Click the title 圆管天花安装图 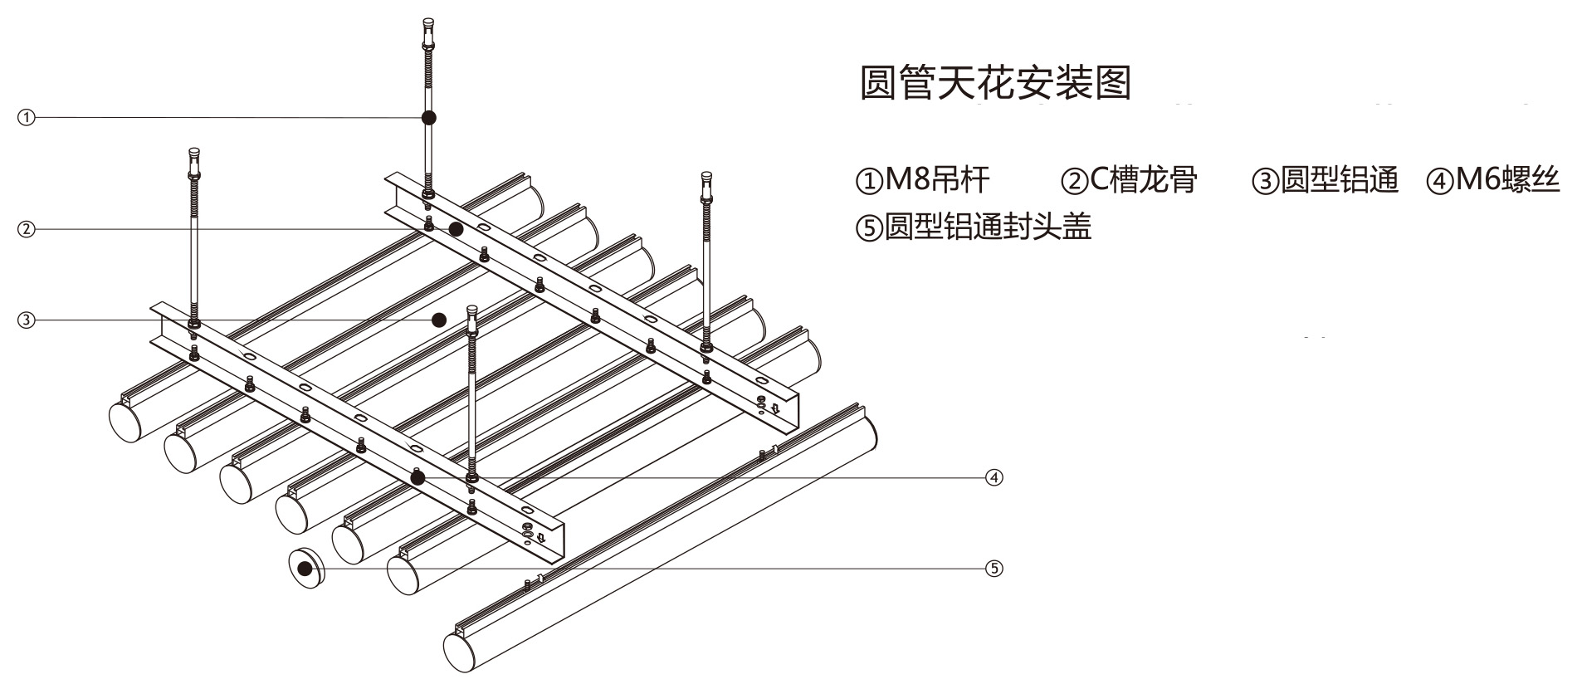point(995,83)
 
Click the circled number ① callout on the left point(27,118)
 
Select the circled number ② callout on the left point(27,229)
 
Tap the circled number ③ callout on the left point(27,320)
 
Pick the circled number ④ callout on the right point(994,477)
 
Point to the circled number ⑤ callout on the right point(994,569)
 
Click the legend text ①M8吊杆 point(922,180)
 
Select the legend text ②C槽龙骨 point(1129,180)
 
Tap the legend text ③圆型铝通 point(1325,180)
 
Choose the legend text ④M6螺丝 point(1493,180)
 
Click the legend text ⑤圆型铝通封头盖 point(973,227)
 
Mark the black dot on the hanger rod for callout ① point(429,118)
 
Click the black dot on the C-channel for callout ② point(456,229)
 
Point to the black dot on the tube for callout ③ point(440,320)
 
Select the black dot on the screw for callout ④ point(417,477)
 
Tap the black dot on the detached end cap point(305,569)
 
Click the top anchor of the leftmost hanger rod point(194,155)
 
